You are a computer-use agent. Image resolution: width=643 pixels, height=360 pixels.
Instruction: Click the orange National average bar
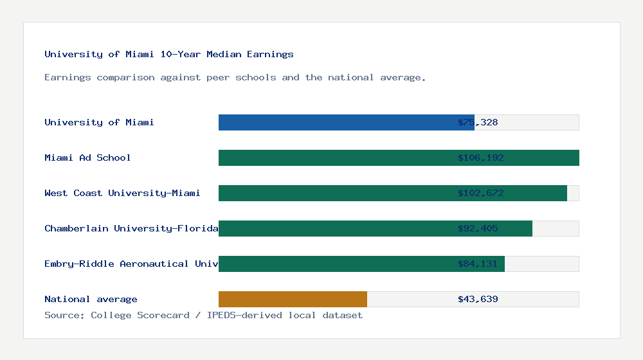[x=293, y=299]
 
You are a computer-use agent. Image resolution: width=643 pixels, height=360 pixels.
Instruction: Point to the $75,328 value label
[x=478, y=122]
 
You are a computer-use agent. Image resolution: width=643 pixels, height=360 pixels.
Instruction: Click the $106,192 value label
[x=478, y=157]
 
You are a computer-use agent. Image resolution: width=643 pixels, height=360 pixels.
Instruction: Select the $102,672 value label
[x=478, y=193]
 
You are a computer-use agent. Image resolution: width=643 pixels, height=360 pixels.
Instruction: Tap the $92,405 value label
[x=478, y=228]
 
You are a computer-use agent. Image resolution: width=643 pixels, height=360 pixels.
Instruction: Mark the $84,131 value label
[x=478, y=264]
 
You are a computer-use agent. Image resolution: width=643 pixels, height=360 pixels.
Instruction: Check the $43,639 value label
[x=478, y=299]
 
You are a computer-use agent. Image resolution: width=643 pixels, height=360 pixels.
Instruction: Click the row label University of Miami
[x=99, y=122]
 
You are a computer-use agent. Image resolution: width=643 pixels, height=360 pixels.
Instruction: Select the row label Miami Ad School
[x=87, y=157]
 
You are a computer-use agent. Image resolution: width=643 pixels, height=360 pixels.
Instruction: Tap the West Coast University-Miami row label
[x=122, y=193]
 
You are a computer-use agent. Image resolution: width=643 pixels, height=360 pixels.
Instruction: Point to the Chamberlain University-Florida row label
[x=131, y=228]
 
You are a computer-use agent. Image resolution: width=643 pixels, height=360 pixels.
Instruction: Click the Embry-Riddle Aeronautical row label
[x=131, y=264]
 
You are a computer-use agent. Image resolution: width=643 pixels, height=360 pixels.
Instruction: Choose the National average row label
[x=91, y=299]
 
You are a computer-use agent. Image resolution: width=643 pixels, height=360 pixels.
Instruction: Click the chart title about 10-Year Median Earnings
[x=169, y=54]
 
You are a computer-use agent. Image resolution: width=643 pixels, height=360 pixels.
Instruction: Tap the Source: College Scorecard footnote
[x=203, y=315]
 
